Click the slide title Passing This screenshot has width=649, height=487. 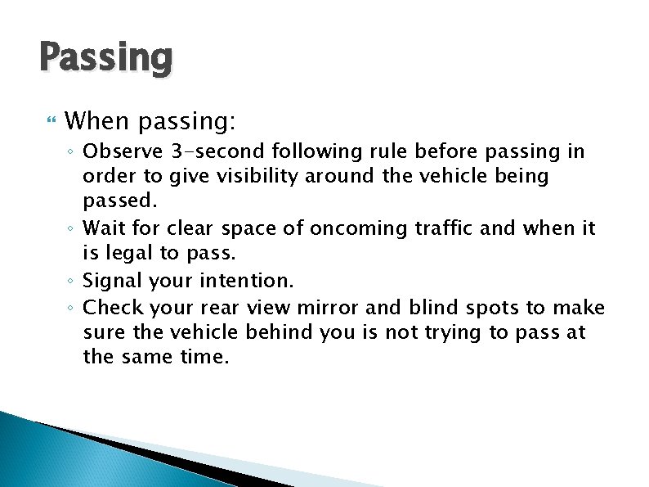(x=105, y=59)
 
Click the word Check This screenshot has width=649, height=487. (x=110, y=308)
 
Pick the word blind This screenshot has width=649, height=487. (x=435, y=308)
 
